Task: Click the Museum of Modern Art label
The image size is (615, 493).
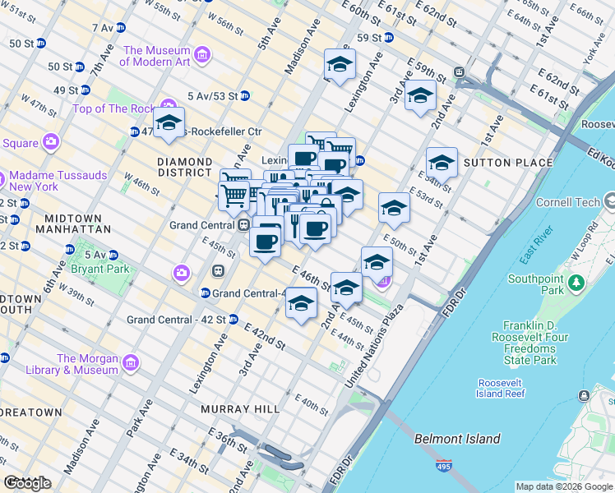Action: [x=156, y=56]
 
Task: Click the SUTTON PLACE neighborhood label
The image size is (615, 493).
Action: [x=508, y=163]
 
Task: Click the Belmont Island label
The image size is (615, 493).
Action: [x=457, y=439]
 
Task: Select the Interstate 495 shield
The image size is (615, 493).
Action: [x=444, y=467]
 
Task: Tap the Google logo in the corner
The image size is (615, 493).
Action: [x=27, y=483]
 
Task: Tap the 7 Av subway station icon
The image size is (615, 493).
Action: [x=121, y=27]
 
